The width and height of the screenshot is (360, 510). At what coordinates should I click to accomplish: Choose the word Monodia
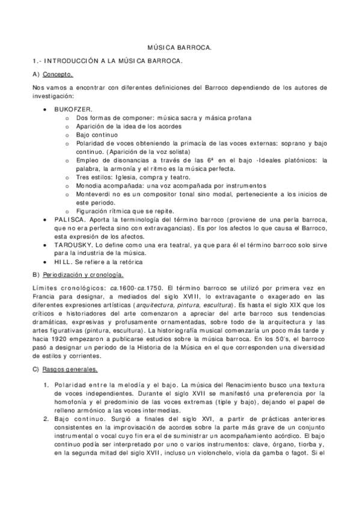click(x=90, y=186)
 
